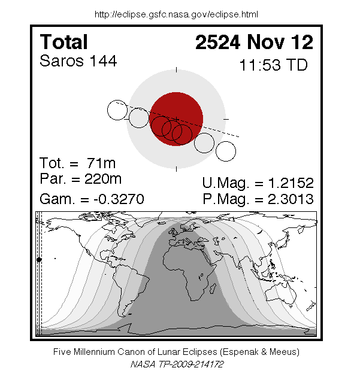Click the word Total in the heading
click(x=63, y=42)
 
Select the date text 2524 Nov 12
click(x=254, y=42)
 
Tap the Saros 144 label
click(x=78, y=61)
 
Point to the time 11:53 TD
click(x=274, y=65)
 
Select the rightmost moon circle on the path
click(x=226, y=151)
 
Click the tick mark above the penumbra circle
click(x=177, y=70)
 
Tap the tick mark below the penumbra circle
click(x=177, y=169)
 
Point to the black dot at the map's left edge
click(x=39, y=260)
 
